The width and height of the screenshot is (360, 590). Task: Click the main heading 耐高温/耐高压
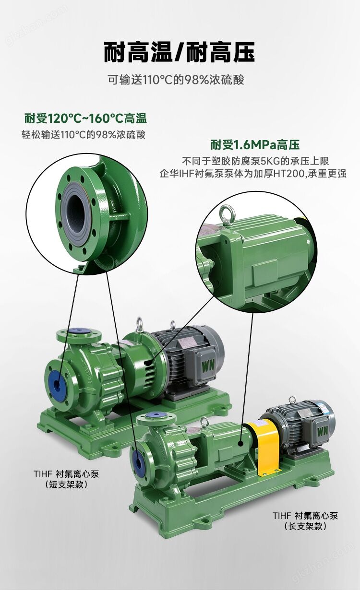point(180,52)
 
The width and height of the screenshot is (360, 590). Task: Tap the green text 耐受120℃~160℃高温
point(85,118)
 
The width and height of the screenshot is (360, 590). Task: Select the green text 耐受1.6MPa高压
point(255,144)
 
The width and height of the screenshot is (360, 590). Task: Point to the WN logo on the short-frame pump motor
point(208,366)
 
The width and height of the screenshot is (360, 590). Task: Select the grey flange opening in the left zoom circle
point(76,213)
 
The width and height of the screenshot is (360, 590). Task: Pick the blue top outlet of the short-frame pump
point(79,331)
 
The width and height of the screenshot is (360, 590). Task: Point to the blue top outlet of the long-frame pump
point(156,414)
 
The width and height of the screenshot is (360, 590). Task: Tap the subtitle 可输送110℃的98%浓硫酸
point(176,80)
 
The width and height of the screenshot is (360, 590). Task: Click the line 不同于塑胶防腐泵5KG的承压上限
point(255,161)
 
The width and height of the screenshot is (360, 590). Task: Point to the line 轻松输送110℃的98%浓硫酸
point(84,135)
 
